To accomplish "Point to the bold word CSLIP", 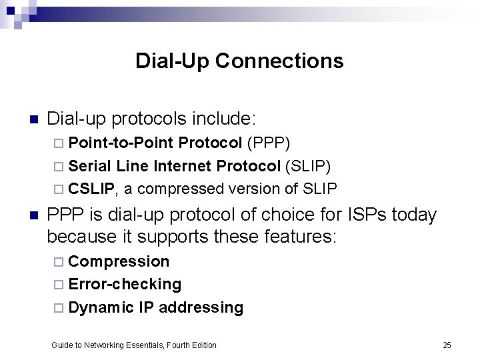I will click(91, 189).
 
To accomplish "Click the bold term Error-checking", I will click(125, 285).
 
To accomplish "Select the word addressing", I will click(201, 307).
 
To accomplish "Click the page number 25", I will click(447, 345).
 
